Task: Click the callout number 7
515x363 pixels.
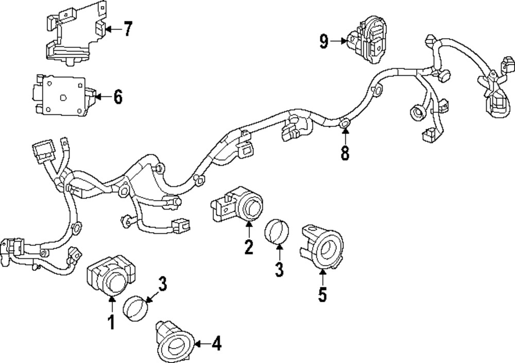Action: (x=127, y=29)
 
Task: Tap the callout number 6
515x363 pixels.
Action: (x=117, y=96)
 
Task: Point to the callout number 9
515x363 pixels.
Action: (x=323, y=41)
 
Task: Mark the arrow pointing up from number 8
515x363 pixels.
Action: (x=345, y=134)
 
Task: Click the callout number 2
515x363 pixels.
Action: (x=249, y=247)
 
